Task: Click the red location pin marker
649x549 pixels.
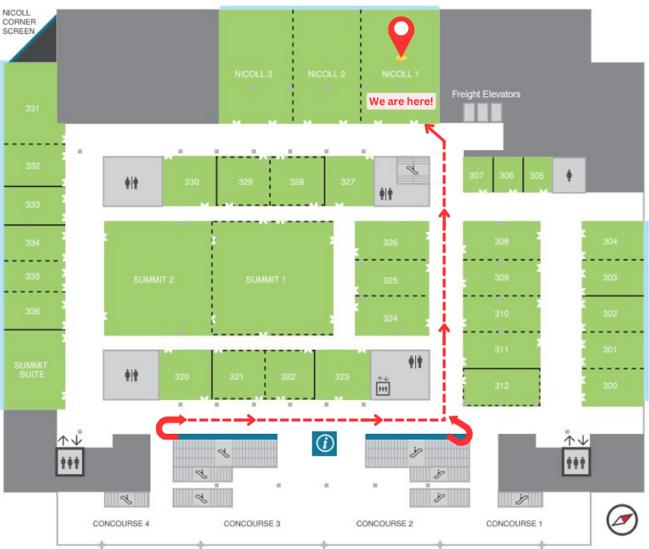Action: coord(401,37)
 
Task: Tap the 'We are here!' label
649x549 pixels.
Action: coord(401,101)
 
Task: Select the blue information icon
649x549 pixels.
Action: coord(324,444)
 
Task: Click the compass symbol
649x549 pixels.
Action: coord(622,519)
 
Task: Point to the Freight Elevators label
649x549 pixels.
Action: coord(486,94)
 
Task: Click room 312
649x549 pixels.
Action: coord(501,386)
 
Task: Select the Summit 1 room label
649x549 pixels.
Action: coord(265,280)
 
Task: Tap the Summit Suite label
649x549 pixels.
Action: coord(31,370)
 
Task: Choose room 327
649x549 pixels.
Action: coord(348,182)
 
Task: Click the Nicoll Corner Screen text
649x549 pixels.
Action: coord(19,22)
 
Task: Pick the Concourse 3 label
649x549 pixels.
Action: coord(251,524)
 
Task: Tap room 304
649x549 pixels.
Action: coord(610,242)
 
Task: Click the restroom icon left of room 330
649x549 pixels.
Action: coord(132,182)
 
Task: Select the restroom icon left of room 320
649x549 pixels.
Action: coord(132,376)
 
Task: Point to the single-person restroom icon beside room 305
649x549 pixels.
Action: coord(569,176)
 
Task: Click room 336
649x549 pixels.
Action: coord(33,311)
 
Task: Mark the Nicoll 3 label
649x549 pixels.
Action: coord(253,74)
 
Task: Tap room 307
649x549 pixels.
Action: coord(476,176)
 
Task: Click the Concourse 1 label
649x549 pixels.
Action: coord(514,524)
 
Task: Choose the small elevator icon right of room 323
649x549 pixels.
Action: coord(383,386)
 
